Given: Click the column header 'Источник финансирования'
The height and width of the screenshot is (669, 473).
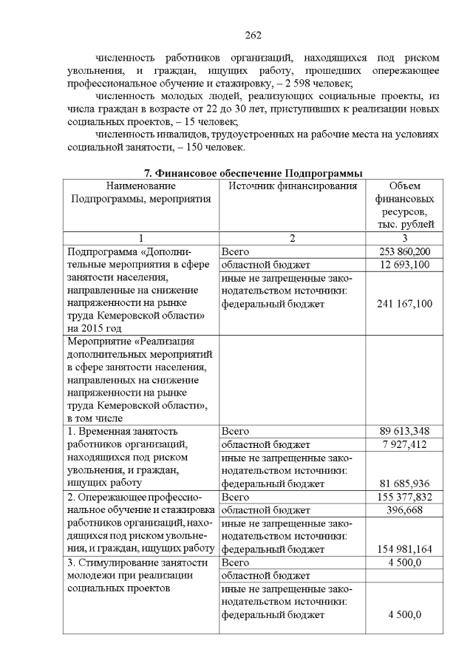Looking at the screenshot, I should click(293, 186).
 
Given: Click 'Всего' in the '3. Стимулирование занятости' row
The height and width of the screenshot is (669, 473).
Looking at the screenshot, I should click(235, 563).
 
